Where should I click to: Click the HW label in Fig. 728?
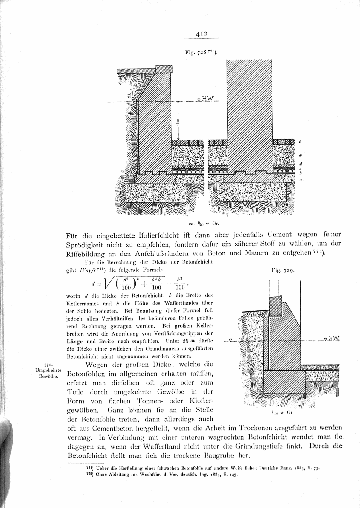pos(207,99)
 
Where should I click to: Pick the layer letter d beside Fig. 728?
pos(300,164)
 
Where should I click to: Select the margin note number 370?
pos(48,365)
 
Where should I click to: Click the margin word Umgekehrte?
pos(48,370)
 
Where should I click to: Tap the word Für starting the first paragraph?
pos(73,235)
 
